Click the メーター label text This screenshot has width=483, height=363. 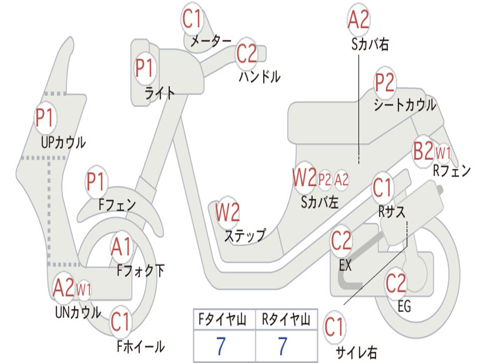coord(211,41)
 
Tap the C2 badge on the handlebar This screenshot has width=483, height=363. coord(246,54)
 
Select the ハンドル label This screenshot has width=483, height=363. coord(260,77)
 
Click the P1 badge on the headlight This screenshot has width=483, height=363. coord(144,68)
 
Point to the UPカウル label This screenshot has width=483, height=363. coord(64,142)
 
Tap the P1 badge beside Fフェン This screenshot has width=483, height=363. coord(96,181)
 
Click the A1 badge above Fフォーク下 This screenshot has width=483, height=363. coord(121,247)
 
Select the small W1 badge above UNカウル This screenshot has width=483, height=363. coord(83,290)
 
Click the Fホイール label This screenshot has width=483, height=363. coord(141,346)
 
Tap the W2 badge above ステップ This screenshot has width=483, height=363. coord(227,212)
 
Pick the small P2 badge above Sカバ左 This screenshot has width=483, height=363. coord(325,179)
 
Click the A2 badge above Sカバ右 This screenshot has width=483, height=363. coord(358,19)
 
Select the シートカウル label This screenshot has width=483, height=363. coord(405,105)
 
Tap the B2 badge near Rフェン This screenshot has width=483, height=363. coord(423,151)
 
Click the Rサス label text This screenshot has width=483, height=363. coord(391,212)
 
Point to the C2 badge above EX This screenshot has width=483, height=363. coord(341,241)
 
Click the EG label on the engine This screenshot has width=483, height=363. coord(404,306)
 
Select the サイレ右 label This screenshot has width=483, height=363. coord(357,353)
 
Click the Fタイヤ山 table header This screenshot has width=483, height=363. coord(222,320)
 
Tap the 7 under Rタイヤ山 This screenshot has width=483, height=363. coord(282,346)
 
